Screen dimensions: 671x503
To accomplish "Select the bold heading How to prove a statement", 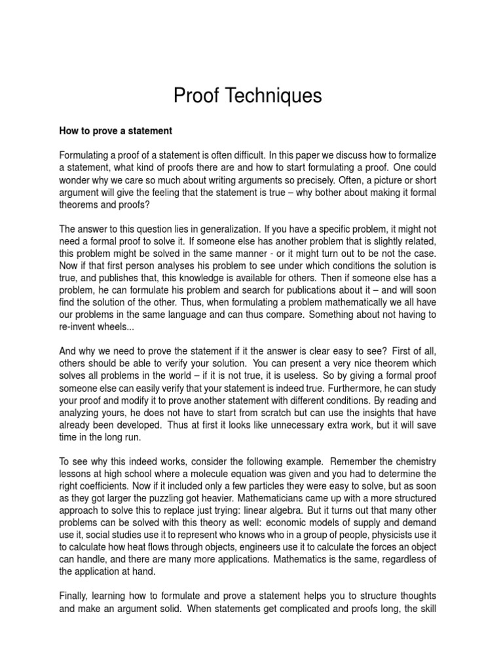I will [116, 131].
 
